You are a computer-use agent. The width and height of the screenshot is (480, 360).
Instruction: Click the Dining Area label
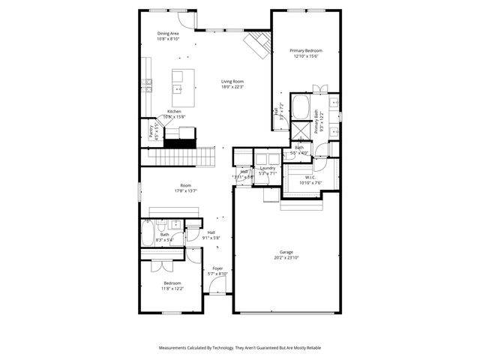168,34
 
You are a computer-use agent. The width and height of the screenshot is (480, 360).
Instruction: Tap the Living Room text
232,82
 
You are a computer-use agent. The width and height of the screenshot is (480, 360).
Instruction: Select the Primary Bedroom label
306,51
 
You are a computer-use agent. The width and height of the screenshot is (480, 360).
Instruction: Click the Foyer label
217,268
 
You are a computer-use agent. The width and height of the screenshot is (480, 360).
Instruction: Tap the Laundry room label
268,168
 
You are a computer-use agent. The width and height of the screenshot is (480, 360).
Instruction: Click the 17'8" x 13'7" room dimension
185,190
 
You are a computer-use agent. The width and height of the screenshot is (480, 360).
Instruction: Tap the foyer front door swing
218,287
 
